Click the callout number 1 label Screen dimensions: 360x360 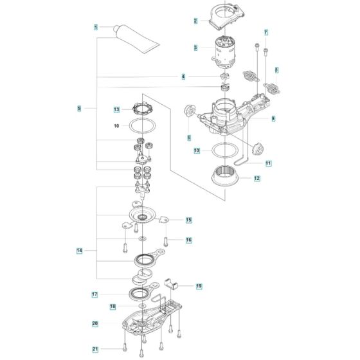coord(96,27)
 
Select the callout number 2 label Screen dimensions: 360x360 coord(195,21)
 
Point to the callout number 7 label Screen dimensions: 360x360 coord(265,32)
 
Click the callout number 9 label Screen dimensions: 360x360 coord(273,119)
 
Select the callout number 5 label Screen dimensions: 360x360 coord(79,109)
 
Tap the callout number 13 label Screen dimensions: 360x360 coord(116,109)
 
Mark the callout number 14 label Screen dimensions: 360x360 coord(80,250)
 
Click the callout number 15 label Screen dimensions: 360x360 coord(189,220)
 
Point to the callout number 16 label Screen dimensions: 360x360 coord(189,240)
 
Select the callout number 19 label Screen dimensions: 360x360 coord(199,285)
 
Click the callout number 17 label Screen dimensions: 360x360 coord(94,294)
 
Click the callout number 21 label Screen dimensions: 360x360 coord(96,350)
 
